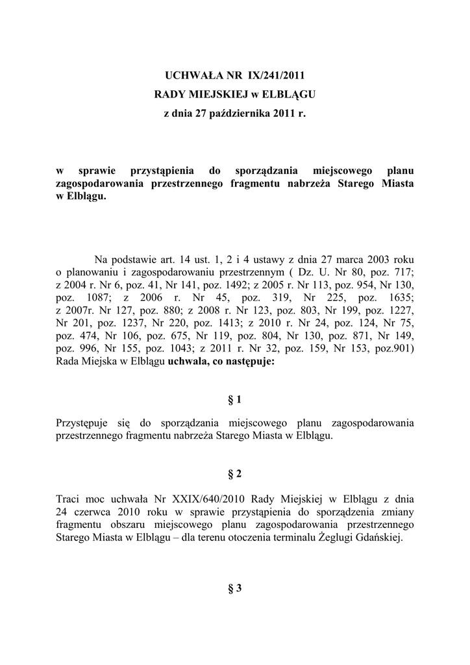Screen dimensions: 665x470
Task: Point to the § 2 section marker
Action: click(234, 474)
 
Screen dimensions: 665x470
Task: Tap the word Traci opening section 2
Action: click(69, 499)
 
